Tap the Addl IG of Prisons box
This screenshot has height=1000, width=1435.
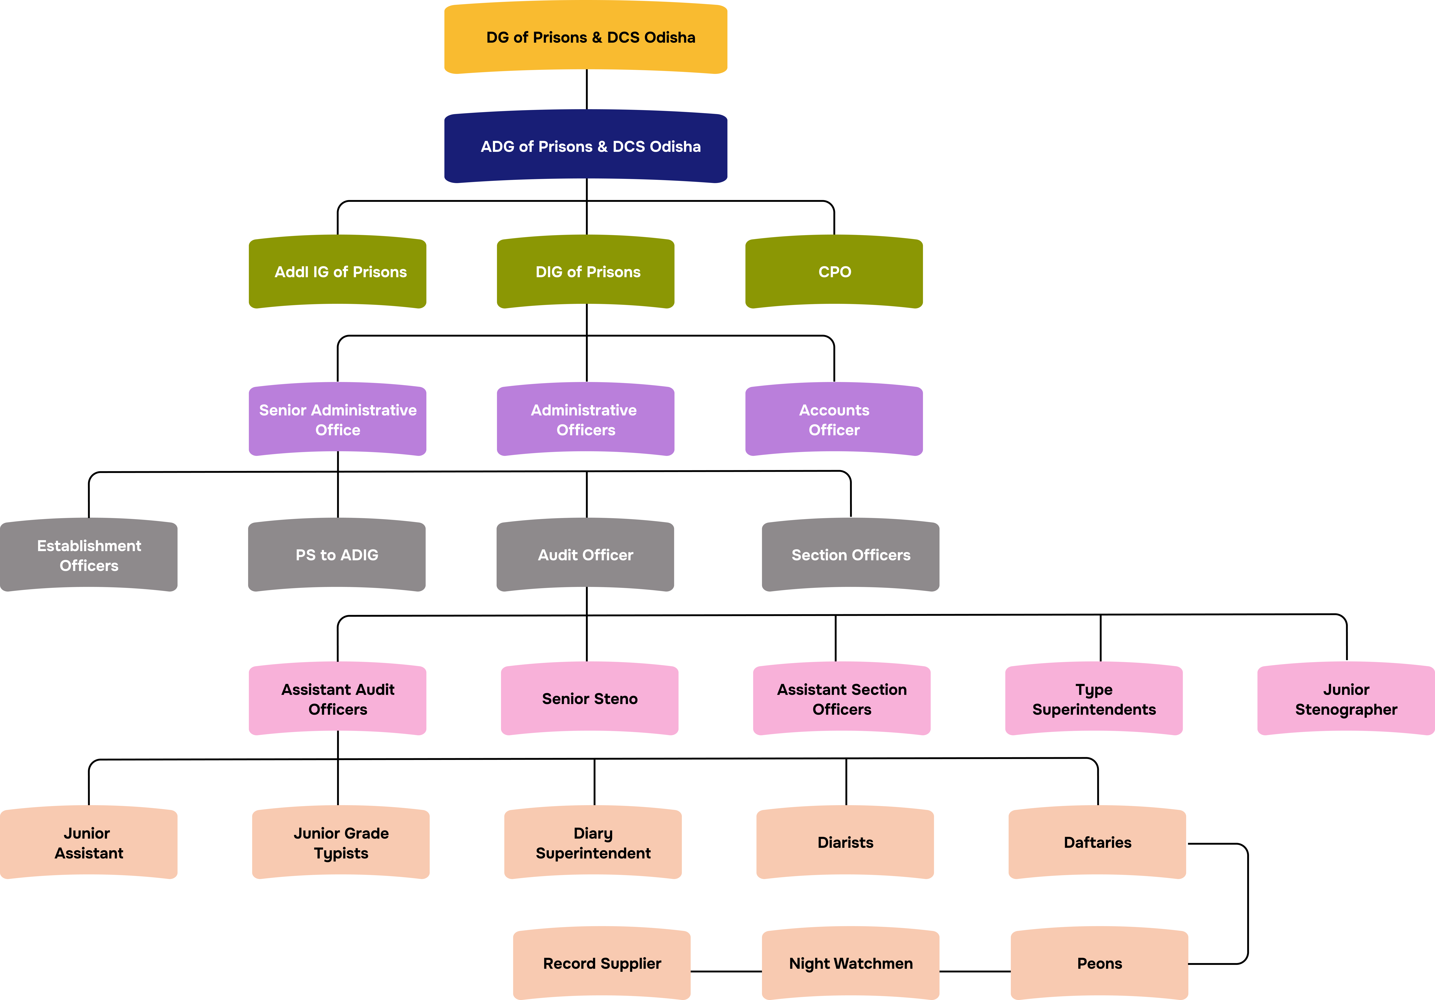click(337, 272)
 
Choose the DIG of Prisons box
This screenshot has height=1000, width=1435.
click(586, 272)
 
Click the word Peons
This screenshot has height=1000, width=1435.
click(1099, 964)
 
